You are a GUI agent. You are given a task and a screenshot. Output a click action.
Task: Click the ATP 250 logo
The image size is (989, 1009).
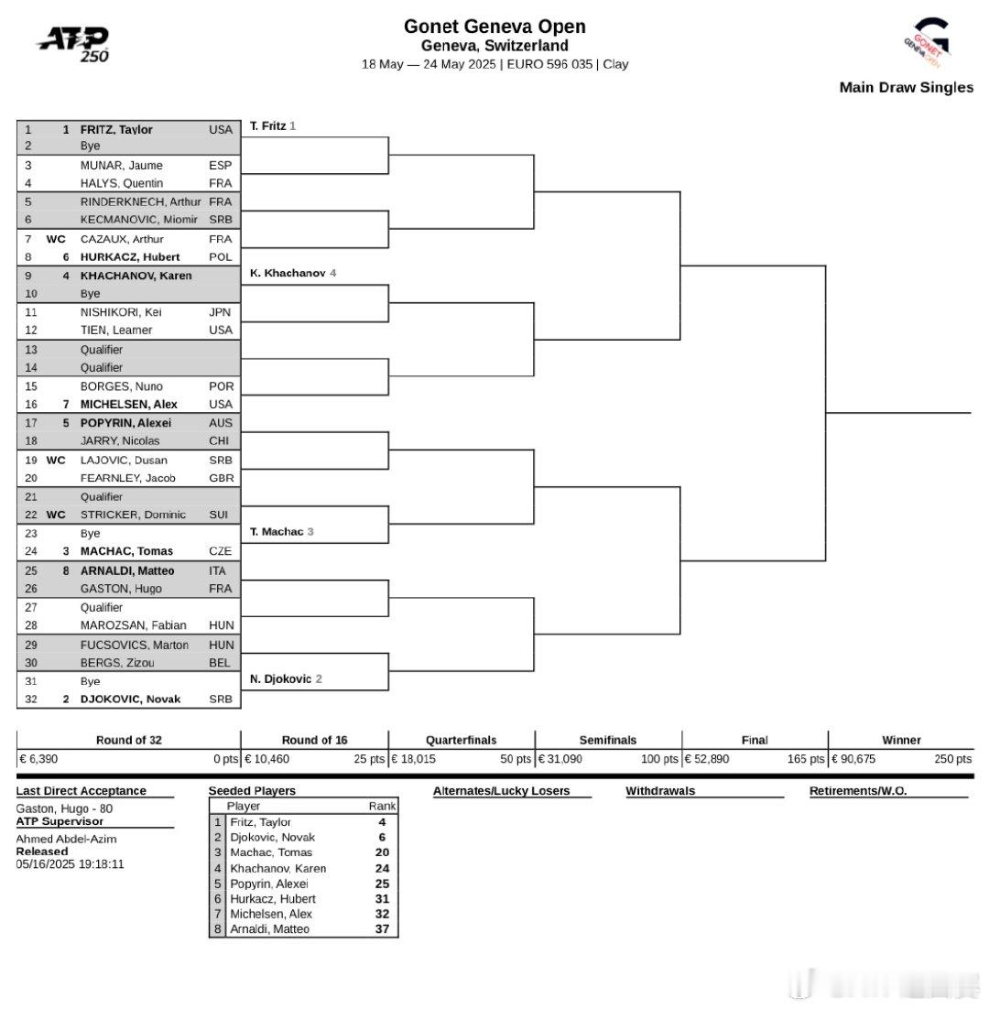73,44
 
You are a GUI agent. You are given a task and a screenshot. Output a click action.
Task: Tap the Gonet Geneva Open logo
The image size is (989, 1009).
928,42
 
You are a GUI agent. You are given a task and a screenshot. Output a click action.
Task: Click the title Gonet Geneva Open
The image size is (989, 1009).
494,27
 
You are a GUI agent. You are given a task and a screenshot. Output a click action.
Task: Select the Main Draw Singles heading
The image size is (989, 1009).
906,88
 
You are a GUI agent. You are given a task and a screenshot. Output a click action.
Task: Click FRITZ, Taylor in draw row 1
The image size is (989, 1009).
116,129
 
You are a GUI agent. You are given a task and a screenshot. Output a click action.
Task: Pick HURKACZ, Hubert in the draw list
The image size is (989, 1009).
130,256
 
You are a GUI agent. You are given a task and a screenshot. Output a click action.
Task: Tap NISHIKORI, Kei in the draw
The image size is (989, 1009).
121,312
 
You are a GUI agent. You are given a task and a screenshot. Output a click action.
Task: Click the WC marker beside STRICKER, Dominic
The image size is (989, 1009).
56,515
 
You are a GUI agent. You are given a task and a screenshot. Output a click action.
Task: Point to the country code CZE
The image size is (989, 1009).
220,551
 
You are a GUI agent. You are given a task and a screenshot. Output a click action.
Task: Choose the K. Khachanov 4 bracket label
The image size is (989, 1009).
293,273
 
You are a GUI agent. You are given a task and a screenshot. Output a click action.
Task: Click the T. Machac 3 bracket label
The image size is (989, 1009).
281,532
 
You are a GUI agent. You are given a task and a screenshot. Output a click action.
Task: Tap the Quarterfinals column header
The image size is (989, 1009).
462,740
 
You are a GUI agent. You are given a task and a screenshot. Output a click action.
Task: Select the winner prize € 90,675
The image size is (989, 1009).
853,759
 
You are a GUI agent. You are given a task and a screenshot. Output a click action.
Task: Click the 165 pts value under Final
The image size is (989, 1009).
806,759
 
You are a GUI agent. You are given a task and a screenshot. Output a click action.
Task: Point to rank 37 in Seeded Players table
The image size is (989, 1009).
382,928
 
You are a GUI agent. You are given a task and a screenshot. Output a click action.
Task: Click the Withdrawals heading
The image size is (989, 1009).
660,791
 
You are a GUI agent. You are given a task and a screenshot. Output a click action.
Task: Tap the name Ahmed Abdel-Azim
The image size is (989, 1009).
66,839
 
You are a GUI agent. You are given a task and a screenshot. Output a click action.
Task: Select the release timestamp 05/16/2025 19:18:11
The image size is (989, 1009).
71,864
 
